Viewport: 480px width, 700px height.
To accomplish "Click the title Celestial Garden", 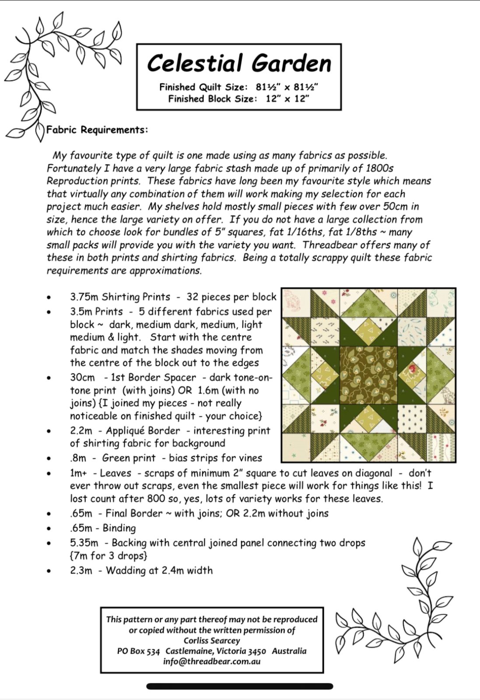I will coord(239,63).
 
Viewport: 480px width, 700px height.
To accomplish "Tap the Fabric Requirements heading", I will coord(97,130).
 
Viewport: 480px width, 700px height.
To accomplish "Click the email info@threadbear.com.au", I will coord(212,661).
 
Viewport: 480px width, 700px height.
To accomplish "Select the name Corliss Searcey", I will coord(212,640).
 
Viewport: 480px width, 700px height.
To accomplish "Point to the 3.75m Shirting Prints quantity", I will coord(84,297).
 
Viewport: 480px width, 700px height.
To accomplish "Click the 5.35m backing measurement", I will coord(84,543).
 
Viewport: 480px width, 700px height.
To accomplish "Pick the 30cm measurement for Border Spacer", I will coord(82,378).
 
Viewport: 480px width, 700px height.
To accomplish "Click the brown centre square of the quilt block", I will coord(368,375).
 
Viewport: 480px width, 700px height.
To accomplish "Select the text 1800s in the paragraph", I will coord(379,168).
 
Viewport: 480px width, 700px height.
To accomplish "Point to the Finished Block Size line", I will coord(239,99).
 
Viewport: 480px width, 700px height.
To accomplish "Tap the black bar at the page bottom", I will coord(240,686).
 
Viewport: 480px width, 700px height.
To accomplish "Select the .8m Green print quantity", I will coord(78,458).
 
